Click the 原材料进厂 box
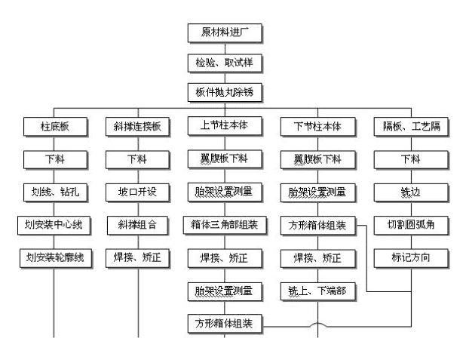225,33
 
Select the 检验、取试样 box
225,63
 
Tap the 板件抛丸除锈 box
225,93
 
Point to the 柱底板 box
56,127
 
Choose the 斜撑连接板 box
137,127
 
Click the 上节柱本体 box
225,126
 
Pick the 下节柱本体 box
318,127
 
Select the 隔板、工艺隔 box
411,127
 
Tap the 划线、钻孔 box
56,192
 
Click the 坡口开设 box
137,192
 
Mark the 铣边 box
411,192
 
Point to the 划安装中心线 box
54,226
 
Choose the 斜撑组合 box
137,226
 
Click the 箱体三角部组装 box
225,226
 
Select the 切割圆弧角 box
411,226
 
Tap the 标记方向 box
411,258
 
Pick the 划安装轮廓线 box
56,258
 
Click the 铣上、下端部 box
318,291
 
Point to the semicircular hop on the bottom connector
318,324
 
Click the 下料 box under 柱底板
56,160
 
